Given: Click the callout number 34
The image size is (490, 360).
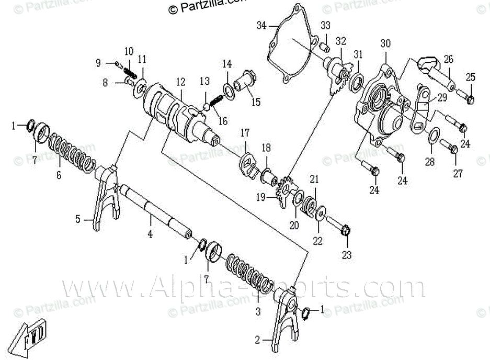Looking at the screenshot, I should coord(261,25).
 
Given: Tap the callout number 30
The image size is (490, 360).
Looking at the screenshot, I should coord(385,43).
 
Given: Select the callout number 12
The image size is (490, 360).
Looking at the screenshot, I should coord(180,82).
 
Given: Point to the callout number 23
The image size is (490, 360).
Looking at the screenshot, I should coord(347,255).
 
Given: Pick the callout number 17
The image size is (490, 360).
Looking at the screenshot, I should coord(245,134).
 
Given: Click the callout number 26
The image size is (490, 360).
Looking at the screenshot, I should coord(448,59).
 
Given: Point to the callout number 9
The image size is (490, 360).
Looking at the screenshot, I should coord(98,63).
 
